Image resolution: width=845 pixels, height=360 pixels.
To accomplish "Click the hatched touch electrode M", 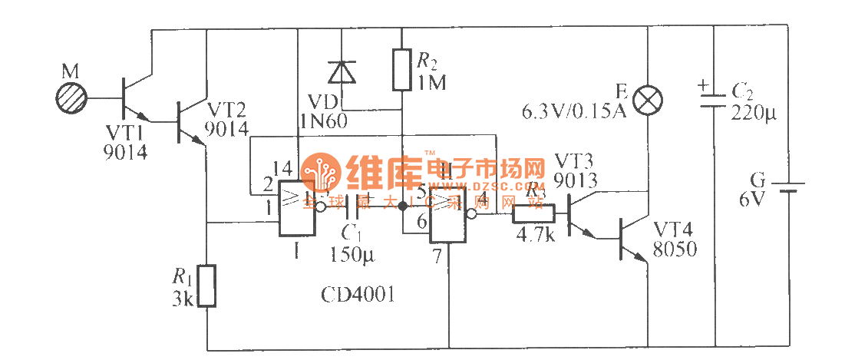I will tap(71, 98).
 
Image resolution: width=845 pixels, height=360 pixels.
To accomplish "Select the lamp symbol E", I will tap(649, 99).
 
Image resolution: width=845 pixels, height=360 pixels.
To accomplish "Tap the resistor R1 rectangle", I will tap(206, 286).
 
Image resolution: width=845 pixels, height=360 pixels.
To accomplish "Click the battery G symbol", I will tap(788, 188).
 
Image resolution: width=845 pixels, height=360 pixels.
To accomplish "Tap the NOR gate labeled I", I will tap(296, 209).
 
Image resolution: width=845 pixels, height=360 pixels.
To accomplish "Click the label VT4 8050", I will tap(675, 239).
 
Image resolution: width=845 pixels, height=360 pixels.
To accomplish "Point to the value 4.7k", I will tap(536, 234).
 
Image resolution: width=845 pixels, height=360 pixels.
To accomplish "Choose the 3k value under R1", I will tap(183, 299).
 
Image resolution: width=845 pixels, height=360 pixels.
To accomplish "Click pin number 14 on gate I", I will tap(282, 169).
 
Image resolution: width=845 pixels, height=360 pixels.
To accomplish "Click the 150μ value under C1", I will tap(350, 253).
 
